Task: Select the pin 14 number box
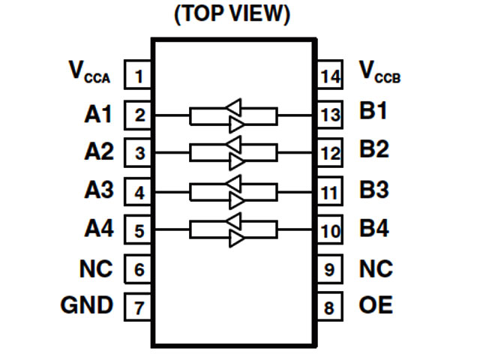[x=329, y=76]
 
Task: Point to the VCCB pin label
[x=379, y=73]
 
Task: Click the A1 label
[x=98, y=115]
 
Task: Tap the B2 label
[x=374, y=150]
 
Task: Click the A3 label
[x=98, y=190]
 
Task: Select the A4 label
[x=98, y=229]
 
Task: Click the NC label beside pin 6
[x=96, y=268]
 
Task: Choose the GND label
[x=86, y=305]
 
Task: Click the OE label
[x=376, y=306]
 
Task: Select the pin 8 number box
[x=329, y=307]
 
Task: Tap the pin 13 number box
[x=329, y=115]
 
